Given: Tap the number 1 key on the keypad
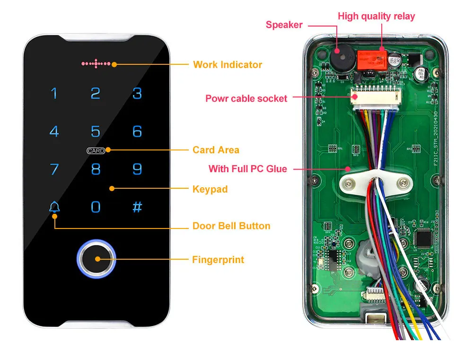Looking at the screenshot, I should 54,93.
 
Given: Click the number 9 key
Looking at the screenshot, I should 137,169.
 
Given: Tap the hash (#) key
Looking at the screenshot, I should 137,207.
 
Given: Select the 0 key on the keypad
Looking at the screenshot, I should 96,207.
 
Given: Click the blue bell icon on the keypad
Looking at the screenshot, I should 55,207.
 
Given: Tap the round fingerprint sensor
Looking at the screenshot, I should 96,259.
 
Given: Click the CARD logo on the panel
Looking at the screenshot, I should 96,150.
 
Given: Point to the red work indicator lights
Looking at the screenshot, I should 96,63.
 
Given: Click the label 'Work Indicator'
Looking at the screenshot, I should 228,64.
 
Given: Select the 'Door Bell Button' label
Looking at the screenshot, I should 231,226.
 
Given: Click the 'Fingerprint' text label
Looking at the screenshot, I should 218,259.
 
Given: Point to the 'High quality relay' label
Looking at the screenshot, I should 376,17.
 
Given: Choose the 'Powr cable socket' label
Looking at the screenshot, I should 246,98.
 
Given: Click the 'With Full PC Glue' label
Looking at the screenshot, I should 248,169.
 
